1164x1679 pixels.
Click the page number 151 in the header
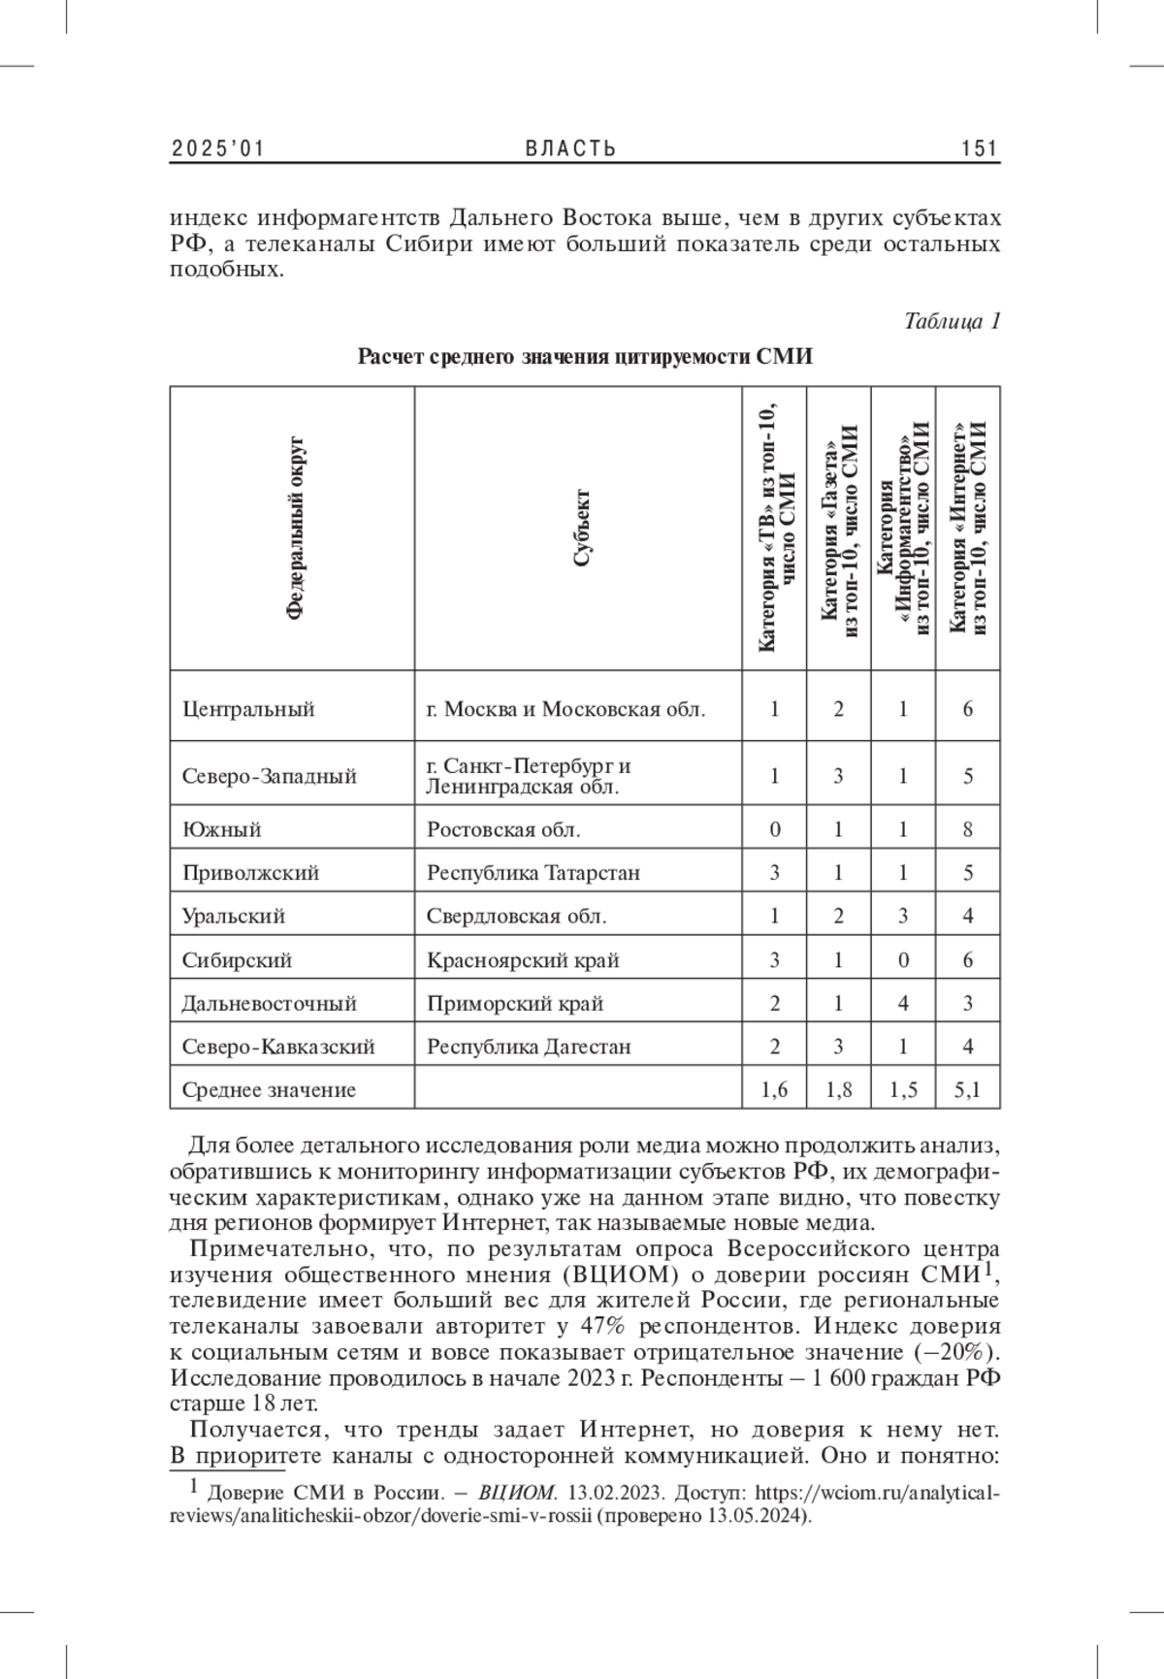980,148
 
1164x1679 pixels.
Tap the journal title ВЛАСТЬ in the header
571,148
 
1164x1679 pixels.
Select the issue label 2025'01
218,148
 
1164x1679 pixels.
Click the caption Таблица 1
952,321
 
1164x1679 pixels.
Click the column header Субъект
581,528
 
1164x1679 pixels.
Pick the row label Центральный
248,709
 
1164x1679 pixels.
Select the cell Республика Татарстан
533,873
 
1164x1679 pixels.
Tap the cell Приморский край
515,1004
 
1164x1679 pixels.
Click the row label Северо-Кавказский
278,1048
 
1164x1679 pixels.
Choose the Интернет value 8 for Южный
968,830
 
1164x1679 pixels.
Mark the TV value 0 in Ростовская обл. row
774,830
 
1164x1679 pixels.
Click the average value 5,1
967,1090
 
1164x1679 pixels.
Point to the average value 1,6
774,1090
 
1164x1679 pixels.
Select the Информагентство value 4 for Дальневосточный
903,1004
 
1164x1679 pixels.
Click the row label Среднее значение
269,1090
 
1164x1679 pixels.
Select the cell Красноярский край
523,961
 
